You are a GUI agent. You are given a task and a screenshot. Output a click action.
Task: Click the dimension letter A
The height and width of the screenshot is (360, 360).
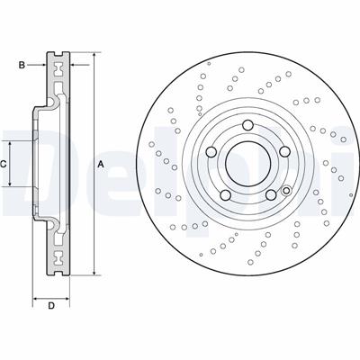(102, 163)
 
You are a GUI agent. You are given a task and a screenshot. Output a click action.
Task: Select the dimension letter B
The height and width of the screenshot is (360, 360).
(22, 64)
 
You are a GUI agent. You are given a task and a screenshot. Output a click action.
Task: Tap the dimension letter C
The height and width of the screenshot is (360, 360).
(4, 164)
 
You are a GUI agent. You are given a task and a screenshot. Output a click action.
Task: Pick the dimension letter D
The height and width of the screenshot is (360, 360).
(51, 307)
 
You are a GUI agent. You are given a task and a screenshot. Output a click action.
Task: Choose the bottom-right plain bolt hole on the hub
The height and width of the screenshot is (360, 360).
(268, 194)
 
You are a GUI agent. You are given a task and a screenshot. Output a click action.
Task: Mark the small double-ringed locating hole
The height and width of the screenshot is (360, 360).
(285, 190)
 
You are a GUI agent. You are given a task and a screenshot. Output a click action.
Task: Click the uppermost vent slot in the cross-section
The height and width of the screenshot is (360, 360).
(60, 71)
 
